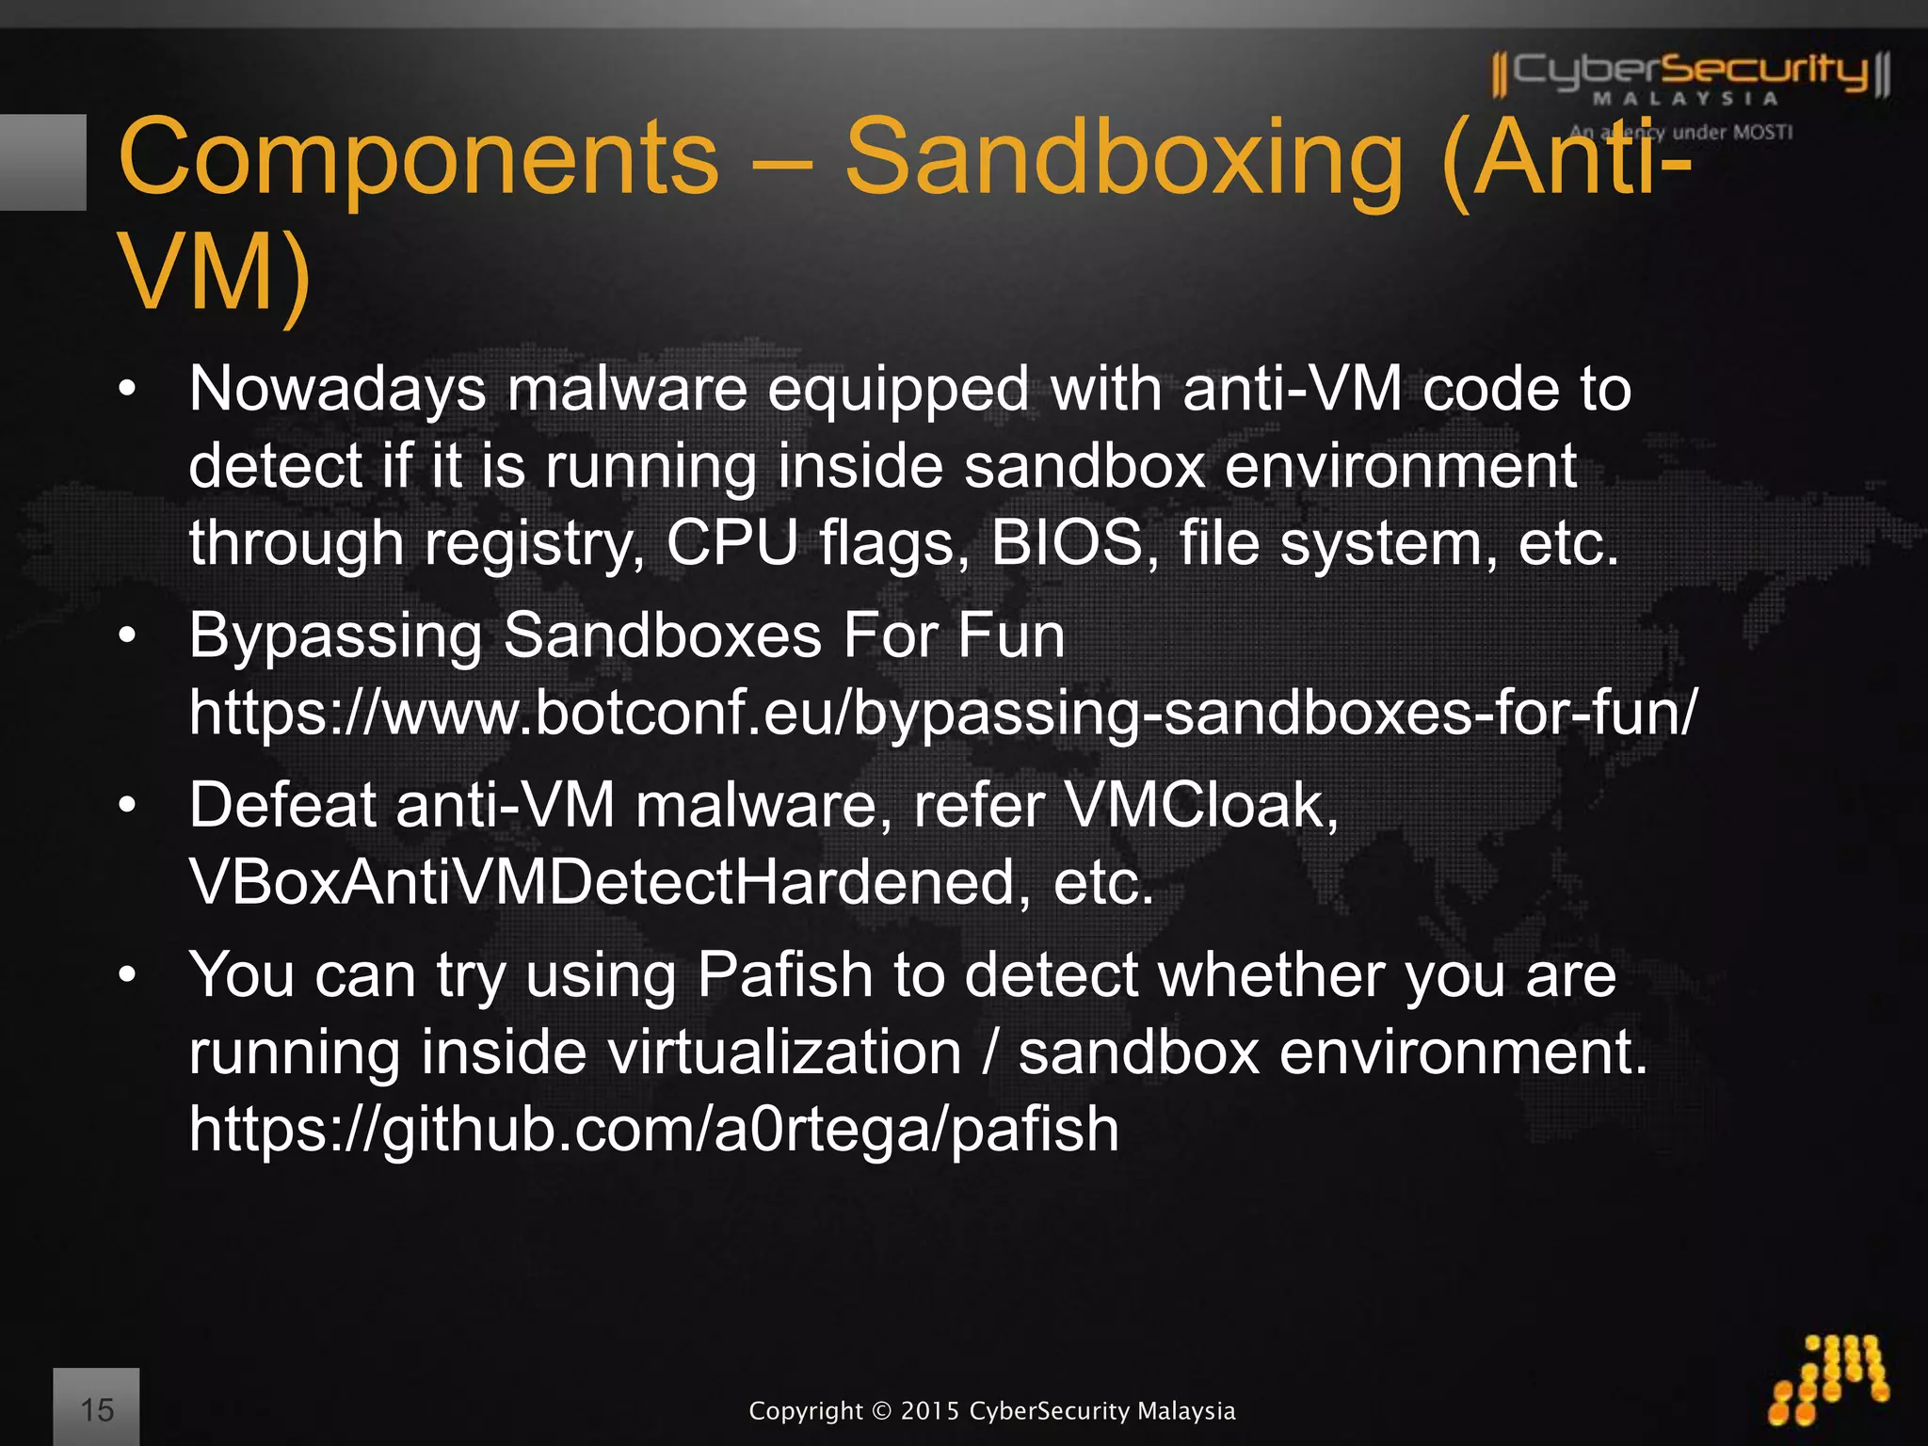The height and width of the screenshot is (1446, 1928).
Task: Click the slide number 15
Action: pos(96,1409)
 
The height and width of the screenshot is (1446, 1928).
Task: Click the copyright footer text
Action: pos(991,1410)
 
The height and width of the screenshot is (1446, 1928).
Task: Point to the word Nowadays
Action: pos(337,389)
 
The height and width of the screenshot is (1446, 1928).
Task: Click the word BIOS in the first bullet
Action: pos(1066,543)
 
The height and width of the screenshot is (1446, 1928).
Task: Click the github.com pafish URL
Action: pos(653,1129)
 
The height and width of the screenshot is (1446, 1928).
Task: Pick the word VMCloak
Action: pos(1201,806)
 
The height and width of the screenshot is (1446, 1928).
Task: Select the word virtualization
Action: pos(784,1052)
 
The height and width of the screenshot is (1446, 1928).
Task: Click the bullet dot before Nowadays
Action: pos(128,389)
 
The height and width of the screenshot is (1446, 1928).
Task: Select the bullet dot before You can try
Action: pos(128,974)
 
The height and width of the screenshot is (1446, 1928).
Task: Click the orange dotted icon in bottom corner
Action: pos(1830,1379)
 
